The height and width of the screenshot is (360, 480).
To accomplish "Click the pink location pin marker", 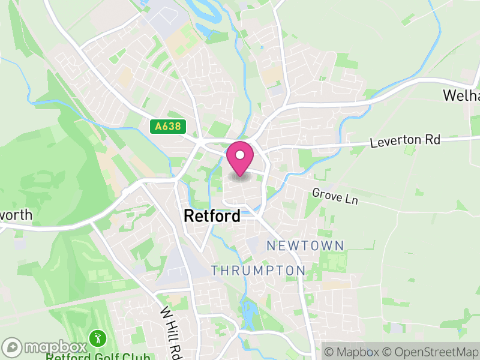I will [240, 159].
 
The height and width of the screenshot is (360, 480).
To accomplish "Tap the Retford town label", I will [212, 216].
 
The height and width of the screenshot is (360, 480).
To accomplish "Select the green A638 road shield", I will [168, 127].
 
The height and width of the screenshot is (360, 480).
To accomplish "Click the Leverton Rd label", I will [405, 141].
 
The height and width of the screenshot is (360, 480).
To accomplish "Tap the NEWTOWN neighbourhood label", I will [305, 245].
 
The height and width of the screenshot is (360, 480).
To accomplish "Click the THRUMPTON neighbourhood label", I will [258, 271].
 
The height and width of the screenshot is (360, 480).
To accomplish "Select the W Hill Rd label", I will [170, 330].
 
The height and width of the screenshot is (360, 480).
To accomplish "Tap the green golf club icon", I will [95, 339].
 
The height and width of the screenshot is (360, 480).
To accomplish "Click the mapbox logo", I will [44, 347].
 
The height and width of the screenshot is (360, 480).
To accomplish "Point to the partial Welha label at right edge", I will [461, 95].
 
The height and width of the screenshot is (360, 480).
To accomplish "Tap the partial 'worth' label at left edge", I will [16, 215].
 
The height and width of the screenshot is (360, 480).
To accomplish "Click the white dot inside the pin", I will [240, 155].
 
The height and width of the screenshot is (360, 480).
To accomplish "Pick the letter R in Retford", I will [189, 216].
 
